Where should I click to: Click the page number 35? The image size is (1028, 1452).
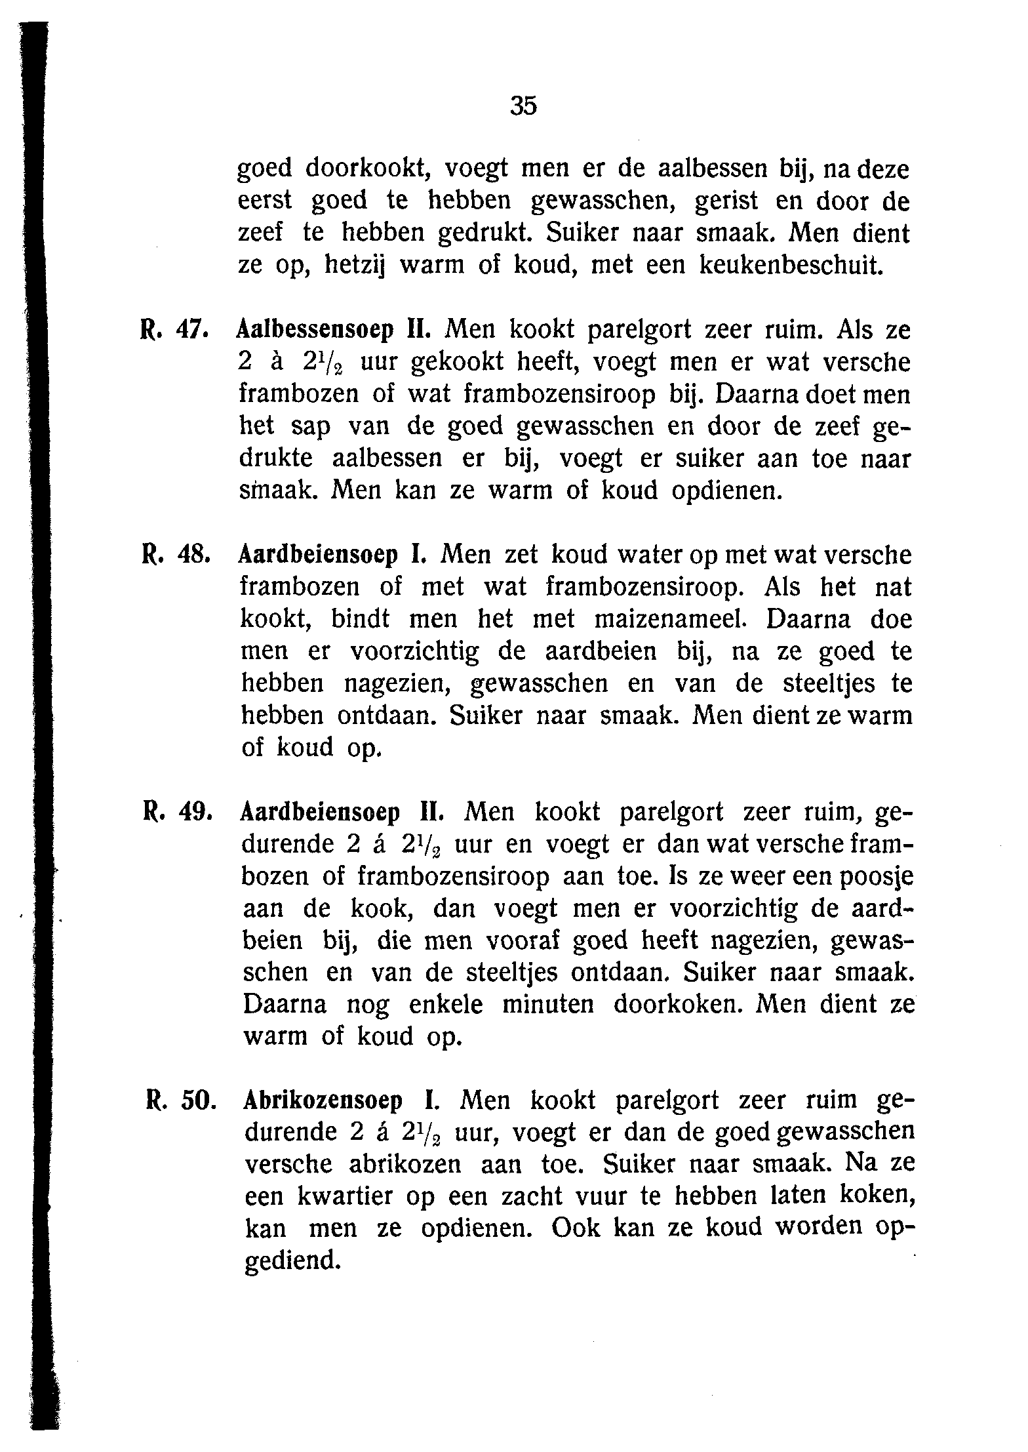pyautogui.click(x=523, y=105)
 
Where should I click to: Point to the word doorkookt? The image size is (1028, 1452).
pyautogui.click(x=368, y=169)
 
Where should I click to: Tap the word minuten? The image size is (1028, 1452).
pyautogui.click(x=547, y=1005)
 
